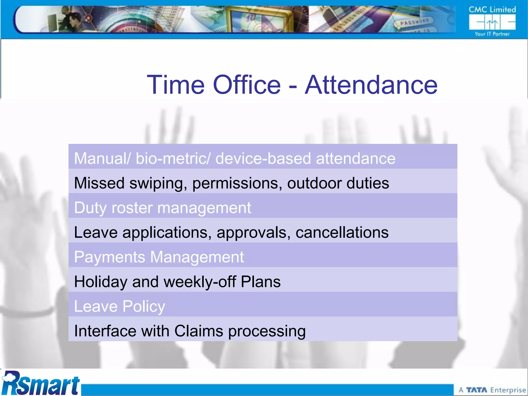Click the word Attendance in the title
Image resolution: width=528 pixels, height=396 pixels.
[x=371, y=85]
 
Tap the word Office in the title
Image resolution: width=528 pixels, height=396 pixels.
[x=247, y=85]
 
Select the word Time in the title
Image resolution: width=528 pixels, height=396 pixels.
[x=176, y=85]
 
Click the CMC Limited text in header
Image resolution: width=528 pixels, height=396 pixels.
[x=492, y=10]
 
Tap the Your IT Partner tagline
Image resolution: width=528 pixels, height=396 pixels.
[x=492, y=34]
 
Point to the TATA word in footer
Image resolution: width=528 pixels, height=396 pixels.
[x=476, y=390]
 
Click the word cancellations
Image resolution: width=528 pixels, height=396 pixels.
[x=342, y=233]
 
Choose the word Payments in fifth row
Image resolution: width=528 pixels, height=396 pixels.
[x=110, y=257]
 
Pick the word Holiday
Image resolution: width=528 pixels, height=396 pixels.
[x=101, y=282]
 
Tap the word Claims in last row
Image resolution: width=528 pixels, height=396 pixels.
[x=199, y=331]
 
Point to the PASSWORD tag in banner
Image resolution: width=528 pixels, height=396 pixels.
[x=414, y=22]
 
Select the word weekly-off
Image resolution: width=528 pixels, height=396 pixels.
[x=200, y=282]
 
